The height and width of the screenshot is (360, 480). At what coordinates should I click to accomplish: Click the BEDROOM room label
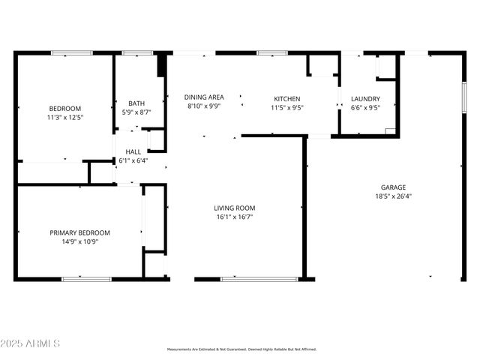(64, 108)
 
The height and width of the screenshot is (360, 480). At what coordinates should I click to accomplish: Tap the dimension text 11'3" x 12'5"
(64, 117)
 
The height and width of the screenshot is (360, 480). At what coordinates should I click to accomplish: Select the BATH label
(136, 103)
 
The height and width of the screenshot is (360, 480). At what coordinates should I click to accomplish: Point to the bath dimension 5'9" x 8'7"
(136, 112)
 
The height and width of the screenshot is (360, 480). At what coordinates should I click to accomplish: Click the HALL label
(133, 151)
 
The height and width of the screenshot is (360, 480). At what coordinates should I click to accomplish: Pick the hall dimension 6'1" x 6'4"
(133, 160)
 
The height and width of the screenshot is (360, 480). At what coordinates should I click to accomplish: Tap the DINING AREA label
(205, 97)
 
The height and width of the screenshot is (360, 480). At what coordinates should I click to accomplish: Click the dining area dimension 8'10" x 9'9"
(205, 106)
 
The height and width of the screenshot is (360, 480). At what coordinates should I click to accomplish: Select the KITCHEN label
(286, 98)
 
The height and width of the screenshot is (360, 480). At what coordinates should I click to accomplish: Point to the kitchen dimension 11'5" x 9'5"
(286, 107)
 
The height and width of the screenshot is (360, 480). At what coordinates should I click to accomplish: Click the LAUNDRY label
(365, 98)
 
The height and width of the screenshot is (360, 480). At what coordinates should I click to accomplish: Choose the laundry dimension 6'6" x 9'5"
(365, 107)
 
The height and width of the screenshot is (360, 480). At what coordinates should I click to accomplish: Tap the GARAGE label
(393, 187)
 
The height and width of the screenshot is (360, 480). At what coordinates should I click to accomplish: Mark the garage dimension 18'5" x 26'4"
(393, 196)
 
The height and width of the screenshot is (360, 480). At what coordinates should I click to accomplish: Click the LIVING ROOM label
(234, 208)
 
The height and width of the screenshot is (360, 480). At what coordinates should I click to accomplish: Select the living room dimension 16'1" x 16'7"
(234, 217)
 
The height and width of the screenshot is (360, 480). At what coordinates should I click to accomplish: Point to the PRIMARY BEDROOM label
(79, 232)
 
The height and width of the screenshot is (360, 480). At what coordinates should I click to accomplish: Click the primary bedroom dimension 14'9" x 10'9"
(79, 241)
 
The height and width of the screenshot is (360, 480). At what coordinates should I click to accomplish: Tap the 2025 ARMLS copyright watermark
(31, 343)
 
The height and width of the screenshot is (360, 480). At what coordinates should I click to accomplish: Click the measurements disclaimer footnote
(241, 349)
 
